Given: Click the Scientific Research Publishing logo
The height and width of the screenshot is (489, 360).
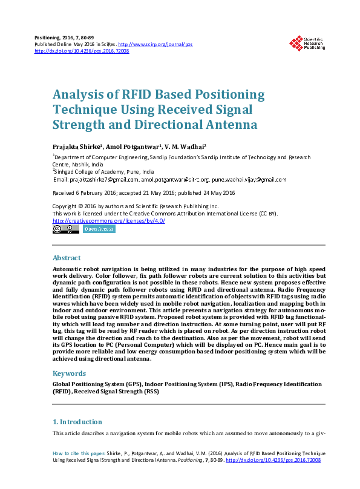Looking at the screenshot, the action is pos(307,44).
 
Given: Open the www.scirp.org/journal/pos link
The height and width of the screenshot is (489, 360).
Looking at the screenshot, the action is pos(155,45).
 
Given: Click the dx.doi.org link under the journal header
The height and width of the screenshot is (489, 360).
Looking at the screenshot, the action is pos(82,51).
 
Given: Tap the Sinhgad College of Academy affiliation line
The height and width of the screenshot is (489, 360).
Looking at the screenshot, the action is pos(100,172).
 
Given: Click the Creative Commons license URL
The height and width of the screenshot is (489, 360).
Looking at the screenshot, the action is pos(108,221).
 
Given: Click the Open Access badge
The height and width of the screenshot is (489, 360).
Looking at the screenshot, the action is pos(99,229).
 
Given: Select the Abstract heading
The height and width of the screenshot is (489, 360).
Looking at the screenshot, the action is pos(67,257).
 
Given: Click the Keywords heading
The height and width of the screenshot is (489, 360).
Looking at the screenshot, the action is pos(69,373).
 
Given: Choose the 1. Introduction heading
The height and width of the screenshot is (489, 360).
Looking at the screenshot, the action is pos(77,422).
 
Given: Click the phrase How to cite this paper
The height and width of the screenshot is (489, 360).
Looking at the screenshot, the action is pos(79,453).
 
